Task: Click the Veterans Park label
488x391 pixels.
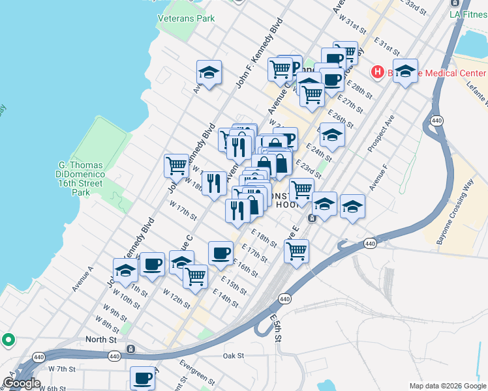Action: tap(186, 18)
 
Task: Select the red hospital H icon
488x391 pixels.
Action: tap(376, 72)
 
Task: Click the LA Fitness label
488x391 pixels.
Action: tap(468, 13)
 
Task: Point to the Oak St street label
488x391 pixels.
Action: tap(233, 356)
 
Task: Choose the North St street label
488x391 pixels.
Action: tap(100, 340)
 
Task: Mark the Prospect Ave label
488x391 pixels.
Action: tap(381, 134)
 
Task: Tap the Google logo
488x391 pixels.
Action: tap(21, 383)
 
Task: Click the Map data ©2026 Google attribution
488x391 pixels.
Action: tap(448, 385)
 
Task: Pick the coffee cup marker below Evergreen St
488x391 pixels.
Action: tap(142, 377)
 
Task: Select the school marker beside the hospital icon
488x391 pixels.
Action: tap(405, 72)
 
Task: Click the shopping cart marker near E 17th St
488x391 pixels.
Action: tap(296, 250)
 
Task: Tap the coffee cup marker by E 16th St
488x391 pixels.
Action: tap(221, 252)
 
